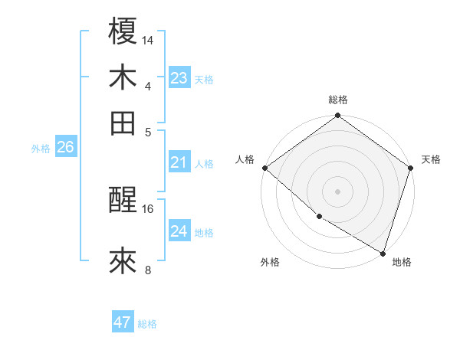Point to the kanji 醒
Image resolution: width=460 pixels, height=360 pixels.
[x=123, y=201]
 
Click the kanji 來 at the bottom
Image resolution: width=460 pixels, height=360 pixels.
[x=123, y=260]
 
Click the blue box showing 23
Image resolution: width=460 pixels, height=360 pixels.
[x=179, y=78]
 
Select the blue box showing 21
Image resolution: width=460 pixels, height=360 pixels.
[x=179, y=162]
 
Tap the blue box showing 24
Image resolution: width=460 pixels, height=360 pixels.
[x=179, y=231]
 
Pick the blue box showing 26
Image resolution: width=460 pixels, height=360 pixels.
[x=65, y=148]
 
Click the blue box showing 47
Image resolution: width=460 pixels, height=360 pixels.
[x=122, y=322]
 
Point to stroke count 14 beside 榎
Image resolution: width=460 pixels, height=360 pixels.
[x=148, y=40]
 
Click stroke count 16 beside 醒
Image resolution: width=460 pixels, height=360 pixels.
[x=148, y=208]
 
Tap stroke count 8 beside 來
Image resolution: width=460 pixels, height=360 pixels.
[x=148, y=269]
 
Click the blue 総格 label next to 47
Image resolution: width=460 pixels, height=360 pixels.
[x=147, y=324]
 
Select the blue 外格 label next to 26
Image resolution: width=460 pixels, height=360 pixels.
[x=41, y=149]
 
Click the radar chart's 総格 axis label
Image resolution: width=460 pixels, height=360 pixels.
[x=338, y=100]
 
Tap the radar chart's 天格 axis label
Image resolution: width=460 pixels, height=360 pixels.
[x=431, y=159]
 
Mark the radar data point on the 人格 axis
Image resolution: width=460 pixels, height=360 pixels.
[x=264, y=168]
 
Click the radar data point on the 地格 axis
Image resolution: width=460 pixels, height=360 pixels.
[x=383, y=252]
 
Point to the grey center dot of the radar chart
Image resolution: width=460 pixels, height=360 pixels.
[x=337, y=191]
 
